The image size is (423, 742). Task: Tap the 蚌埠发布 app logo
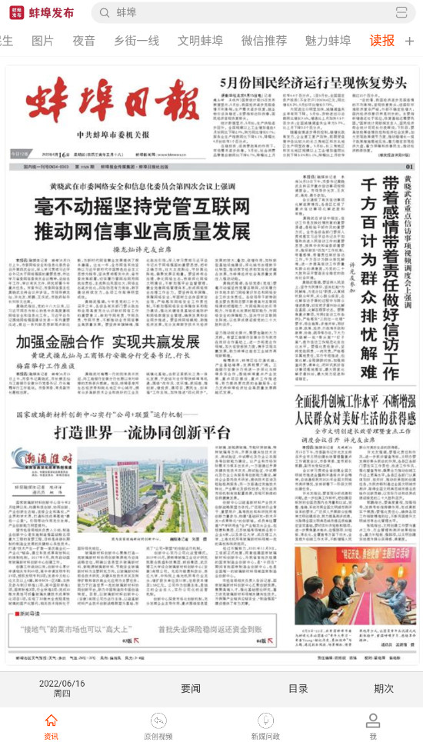(x=15, y=12)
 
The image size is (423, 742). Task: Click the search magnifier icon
(x=104, y=12)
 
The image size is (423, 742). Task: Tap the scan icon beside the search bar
(x=401, y=12)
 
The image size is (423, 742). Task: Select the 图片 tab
(x=42, y=41)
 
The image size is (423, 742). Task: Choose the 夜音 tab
(x=84, y=41)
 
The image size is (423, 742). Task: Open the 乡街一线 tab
(x=136, y=41)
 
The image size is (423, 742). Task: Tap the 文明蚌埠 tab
(x=200, y=41)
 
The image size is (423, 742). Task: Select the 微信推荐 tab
(x=264, y=41)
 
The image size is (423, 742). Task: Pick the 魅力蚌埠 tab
(x=328, y=41)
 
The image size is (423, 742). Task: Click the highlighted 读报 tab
(x=381, y=41)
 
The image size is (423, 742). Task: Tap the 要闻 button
(x=191, y=688)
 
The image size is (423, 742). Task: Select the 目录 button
(x=298, y=688)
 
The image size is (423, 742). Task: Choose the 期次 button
(x=384, y=688)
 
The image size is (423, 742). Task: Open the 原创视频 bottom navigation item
(x=158, y=727)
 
